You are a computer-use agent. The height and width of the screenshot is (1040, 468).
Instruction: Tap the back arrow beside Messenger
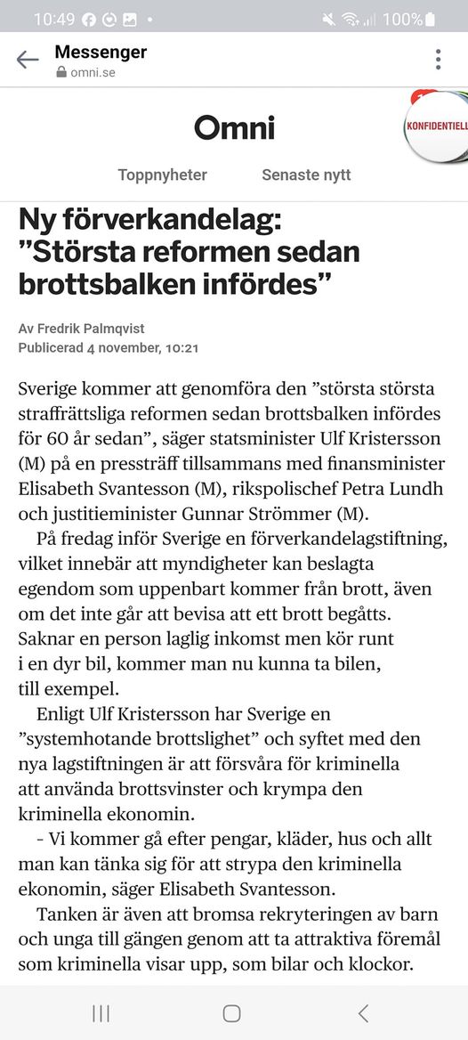[x=28, y=60]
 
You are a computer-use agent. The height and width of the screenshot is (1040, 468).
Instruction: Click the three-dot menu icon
[x=438, y=60]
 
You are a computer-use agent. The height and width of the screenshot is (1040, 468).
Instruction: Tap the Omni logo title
[x=234, y=128]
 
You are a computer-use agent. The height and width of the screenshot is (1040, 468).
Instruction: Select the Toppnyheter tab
[x=162, y=175]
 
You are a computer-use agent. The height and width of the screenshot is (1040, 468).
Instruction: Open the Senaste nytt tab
[x=306, y=175]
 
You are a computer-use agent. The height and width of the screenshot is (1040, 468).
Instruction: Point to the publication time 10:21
[x=182, y=346]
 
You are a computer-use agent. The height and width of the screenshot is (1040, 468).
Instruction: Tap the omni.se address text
[x=93, y=72]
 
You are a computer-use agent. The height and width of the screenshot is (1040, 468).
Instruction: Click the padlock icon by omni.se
[x=61, y=72]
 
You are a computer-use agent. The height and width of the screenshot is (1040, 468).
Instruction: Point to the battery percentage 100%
[x=402, y=19]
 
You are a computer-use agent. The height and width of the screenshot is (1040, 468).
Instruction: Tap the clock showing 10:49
[x=54, y=19]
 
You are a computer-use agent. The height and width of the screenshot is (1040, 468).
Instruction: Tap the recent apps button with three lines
[x=101, y=1012]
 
